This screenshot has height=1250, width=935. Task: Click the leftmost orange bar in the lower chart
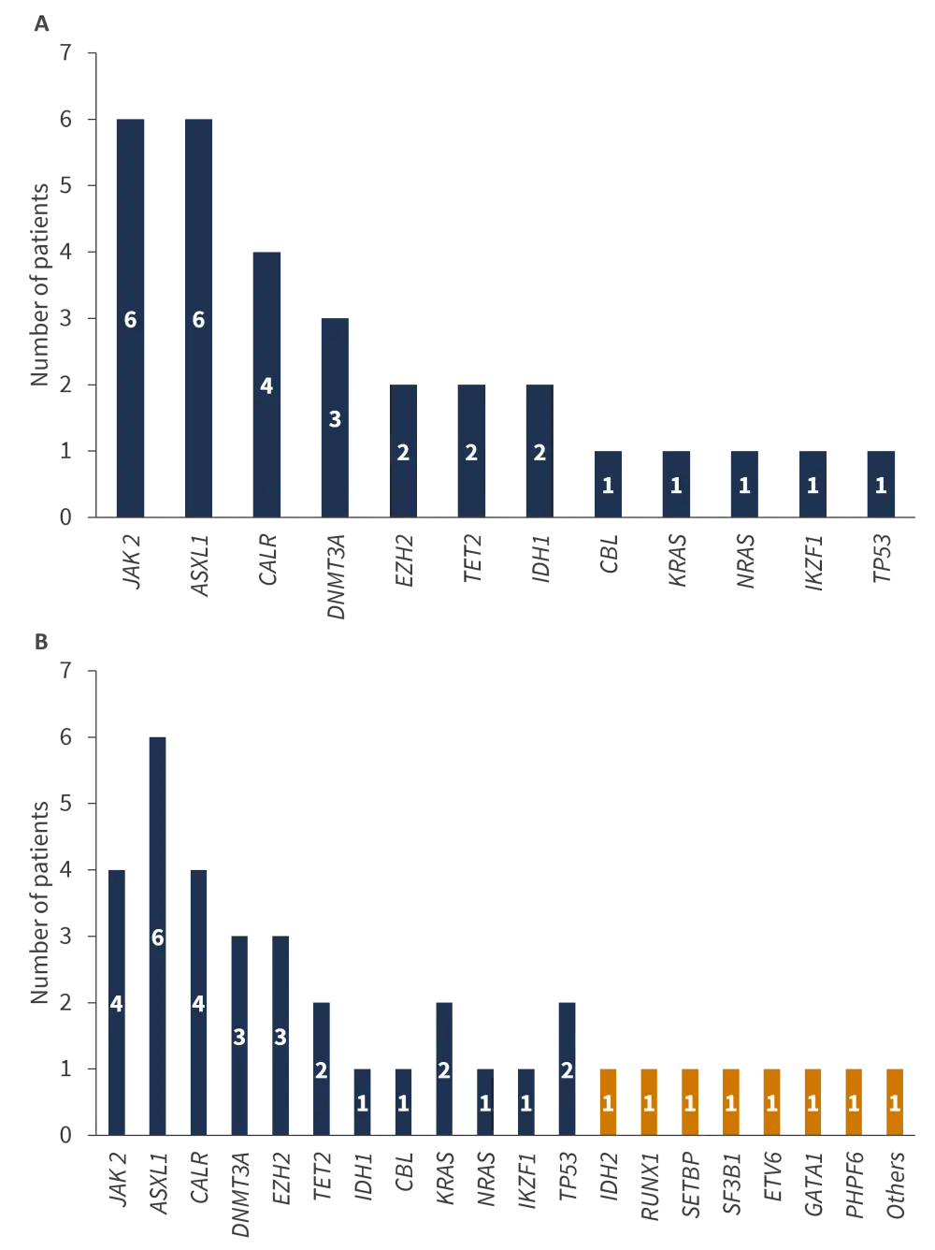[608, 1100]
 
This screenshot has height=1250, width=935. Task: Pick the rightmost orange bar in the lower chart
[894, 1100]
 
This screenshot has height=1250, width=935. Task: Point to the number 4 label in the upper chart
[266, 386]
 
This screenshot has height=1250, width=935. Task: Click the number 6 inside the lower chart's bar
[157, 937]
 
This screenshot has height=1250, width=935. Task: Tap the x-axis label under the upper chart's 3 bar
[336, 575]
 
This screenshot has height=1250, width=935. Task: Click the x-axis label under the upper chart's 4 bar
[266, 561]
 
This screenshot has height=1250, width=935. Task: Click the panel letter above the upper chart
[40, 25]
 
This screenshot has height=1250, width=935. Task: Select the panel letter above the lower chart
[40, 640]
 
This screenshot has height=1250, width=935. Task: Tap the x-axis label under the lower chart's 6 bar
[160, 1185]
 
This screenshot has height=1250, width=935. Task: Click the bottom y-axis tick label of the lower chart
[66, 1134]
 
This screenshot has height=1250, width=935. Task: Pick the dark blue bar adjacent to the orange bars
[566, 1067]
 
